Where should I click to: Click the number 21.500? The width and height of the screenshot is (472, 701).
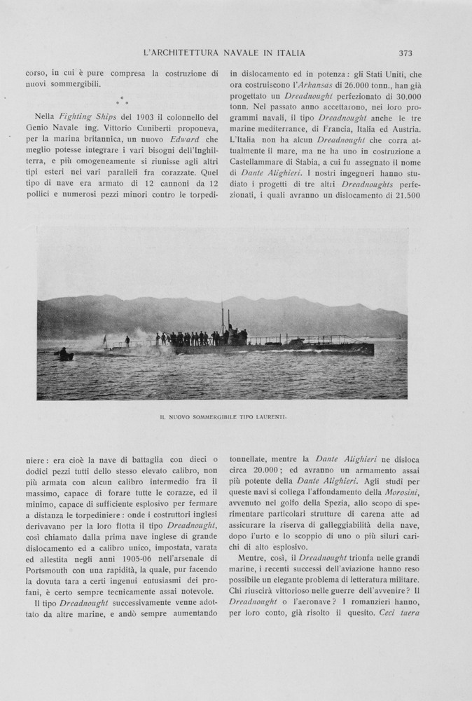pos(404,196)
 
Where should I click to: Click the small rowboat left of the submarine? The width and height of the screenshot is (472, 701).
pos(65,355)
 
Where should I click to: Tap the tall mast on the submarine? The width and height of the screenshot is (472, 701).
pos(223,319)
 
